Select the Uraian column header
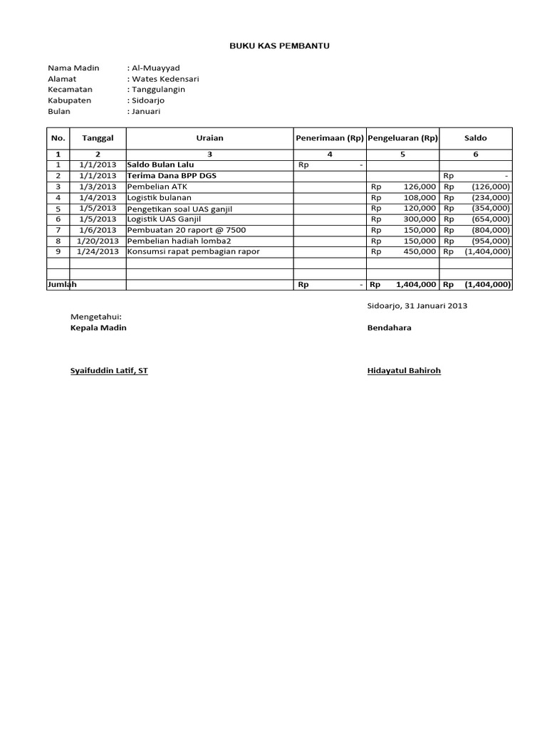point(209,137)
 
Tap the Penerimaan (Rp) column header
point(330,137)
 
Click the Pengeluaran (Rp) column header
point(402,137)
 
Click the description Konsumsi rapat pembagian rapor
point(193,251)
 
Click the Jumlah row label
point(62,284)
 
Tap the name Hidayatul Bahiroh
point(404,371)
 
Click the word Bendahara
point(389,327)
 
